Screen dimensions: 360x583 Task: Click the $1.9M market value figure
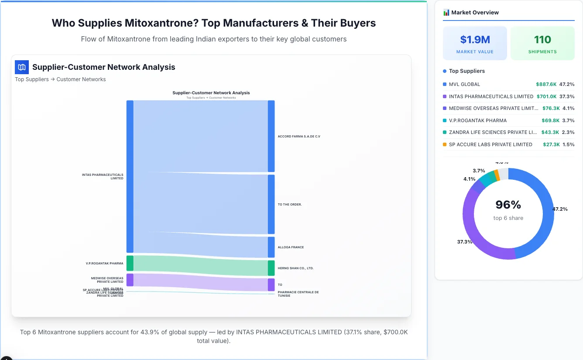point(475,40)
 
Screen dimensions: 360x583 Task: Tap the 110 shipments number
point(542,40)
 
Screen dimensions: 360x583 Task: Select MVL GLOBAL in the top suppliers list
point(464,84)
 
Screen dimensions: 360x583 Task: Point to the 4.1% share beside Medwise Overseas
point(568,108)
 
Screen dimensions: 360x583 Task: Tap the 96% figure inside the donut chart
point(508,205)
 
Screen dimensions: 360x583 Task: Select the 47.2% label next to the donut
point(560,209)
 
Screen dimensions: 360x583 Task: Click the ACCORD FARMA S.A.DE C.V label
point(299,137)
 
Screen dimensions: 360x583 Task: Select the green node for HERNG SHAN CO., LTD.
point(271,268)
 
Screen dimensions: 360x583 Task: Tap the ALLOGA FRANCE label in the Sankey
point(291,247)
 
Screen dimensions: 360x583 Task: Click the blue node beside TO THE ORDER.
point(271,204)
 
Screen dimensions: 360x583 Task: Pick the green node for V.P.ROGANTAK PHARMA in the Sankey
point(130,263)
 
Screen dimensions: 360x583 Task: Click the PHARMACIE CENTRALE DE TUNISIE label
point(298,294)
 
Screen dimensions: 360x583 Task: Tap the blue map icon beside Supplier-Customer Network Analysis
point(22,67)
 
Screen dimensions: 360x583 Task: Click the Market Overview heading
point(474,13)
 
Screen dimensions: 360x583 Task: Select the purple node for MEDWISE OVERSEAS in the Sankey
point(130,280)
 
